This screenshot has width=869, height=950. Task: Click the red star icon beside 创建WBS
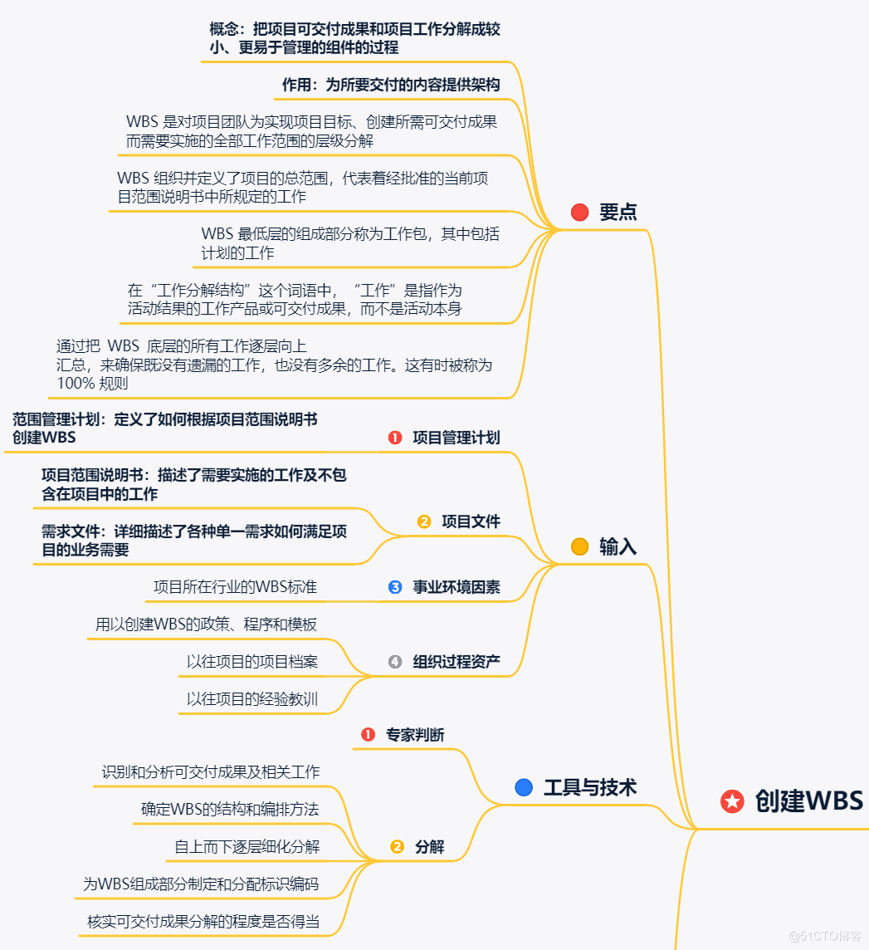(732, 801)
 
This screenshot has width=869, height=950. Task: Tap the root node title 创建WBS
(808, 801)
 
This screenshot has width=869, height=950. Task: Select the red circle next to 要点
(580, 213)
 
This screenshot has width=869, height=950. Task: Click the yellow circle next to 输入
(580, 546)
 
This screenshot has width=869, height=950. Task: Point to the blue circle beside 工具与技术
(524, 787)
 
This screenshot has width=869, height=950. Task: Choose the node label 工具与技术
(589, 787)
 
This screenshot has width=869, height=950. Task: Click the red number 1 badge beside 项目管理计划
(395, 438)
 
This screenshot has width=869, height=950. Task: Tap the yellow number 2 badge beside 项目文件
(424, 522)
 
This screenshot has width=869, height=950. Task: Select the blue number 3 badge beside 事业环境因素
(395, 587)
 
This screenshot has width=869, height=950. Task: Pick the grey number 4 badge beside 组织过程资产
(395, 662)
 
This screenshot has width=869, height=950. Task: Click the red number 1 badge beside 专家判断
(368, 735)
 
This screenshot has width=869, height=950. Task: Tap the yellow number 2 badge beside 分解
(397, 847)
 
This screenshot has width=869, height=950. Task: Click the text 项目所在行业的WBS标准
(235, 587)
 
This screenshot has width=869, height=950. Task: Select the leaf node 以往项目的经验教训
(252, 699)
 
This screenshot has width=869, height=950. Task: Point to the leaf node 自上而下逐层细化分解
(247, 847)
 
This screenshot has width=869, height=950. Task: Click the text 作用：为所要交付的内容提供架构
(391, 85)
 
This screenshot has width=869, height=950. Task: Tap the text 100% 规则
(92, 384)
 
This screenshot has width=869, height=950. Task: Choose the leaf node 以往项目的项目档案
(252, 662)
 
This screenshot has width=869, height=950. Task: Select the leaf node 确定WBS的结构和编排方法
(230, 809)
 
